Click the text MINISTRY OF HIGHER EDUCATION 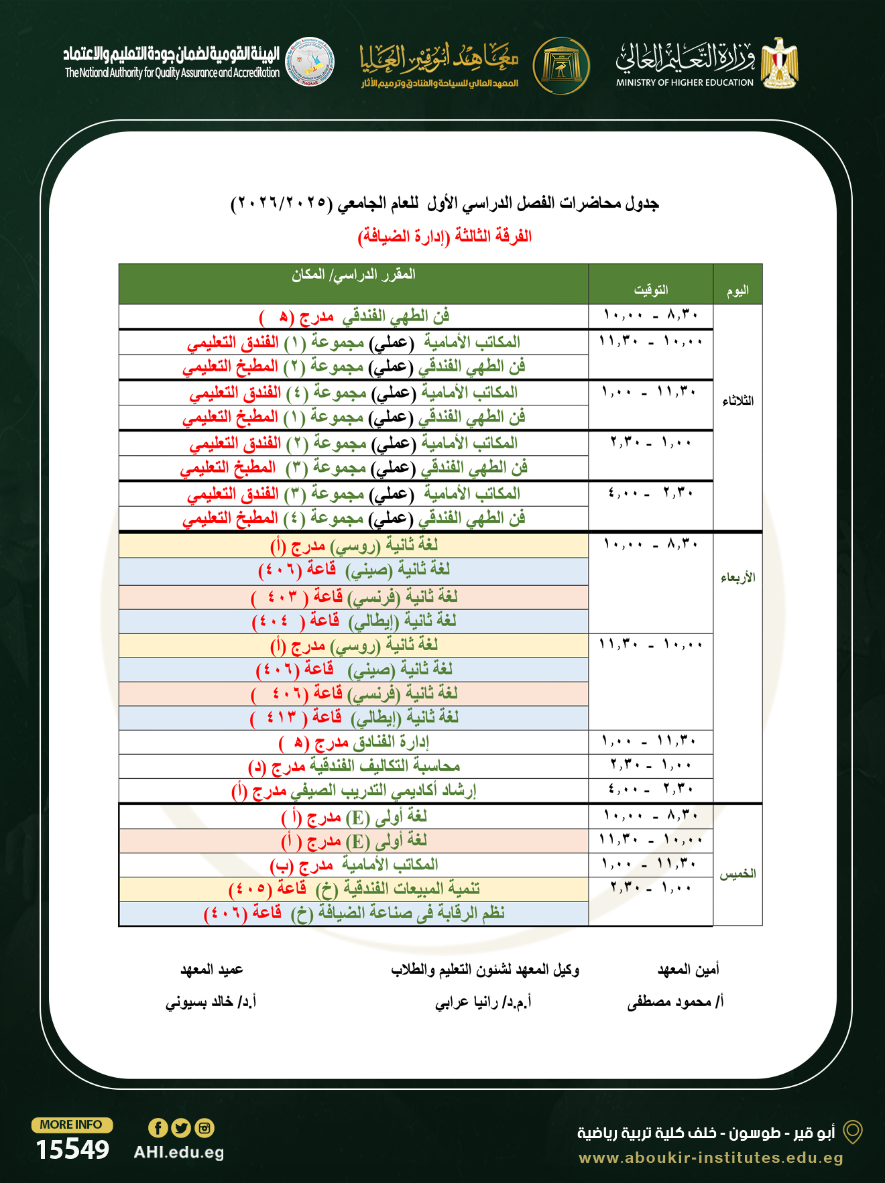click(685, 82)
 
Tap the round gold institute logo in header click(561, 66)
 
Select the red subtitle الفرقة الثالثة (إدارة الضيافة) click(445, 236)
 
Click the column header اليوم click(737, 291)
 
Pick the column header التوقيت click(650, 290)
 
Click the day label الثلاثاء click(737, 401)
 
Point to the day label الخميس click(737, 874)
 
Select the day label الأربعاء click(737, 577)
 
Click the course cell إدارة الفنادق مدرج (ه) click(354, 742)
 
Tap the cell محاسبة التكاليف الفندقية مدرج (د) click(354, 766)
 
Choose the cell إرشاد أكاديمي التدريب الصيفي click(354, 791)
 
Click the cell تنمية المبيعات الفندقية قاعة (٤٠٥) click(354, 889)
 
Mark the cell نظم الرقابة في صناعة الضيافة click(354, 913)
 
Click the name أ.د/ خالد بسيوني click(211, 1002)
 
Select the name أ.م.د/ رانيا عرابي click(483, 1002)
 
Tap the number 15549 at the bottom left click(72, 1149)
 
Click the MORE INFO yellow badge click(72, 1125)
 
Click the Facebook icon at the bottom click(158, 1128)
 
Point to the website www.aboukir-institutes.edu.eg click(711, 1158)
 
